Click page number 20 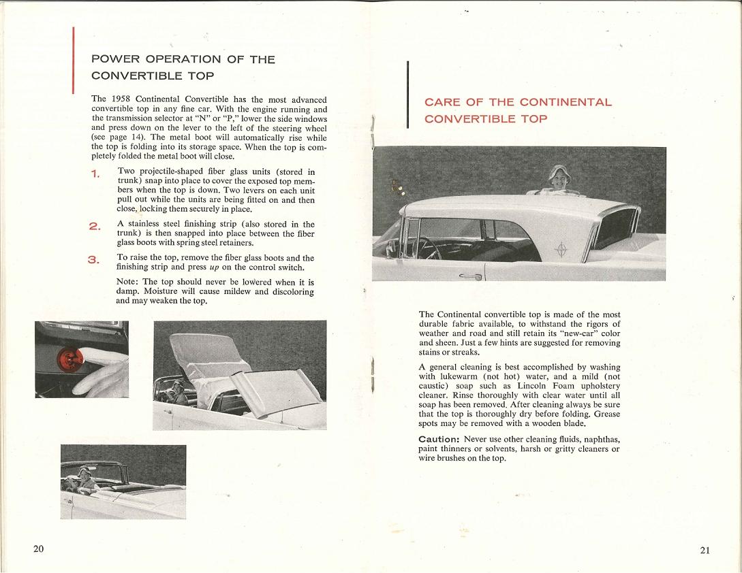(38, 549)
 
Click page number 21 (705, 550)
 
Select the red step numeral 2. (95, 226)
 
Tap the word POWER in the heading (119, 59)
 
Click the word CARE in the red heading (443, 103)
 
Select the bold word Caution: (439, 440)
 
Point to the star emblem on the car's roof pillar (561, 250)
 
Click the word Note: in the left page (127, 282)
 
